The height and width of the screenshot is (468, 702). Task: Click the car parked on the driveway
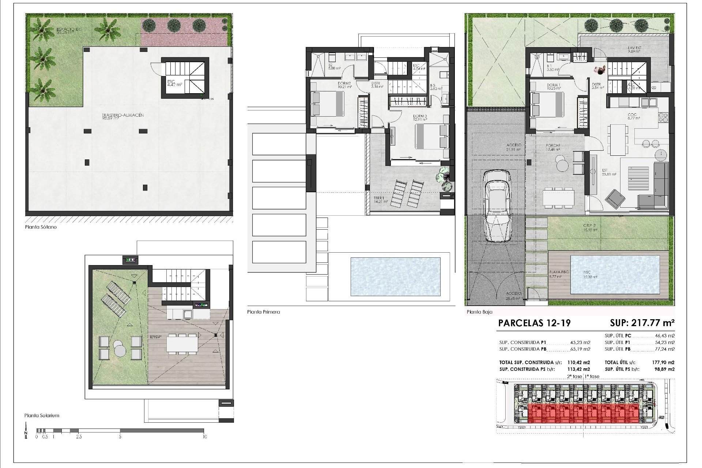(x=497, y=207)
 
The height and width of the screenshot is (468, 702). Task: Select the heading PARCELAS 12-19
(x=534, y=323)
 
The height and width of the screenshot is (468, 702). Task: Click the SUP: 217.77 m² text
(x=642, y=323)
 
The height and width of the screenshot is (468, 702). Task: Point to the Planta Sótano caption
(x=41, y=227)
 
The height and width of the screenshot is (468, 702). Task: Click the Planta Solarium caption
(x=42, y=415)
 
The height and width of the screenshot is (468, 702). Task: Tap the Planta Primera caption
(x=263, y=312)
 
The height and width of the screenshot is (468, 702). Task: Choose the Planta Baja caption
(x=479, y=312)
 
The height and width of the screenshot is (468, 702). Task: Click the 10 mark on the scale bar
(x=204, y=437)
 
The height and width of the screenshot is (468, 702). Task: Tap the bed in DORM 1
(x=547, y=104)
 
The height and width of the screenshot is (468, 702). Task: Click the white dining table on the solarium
(x=182, y=344)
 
